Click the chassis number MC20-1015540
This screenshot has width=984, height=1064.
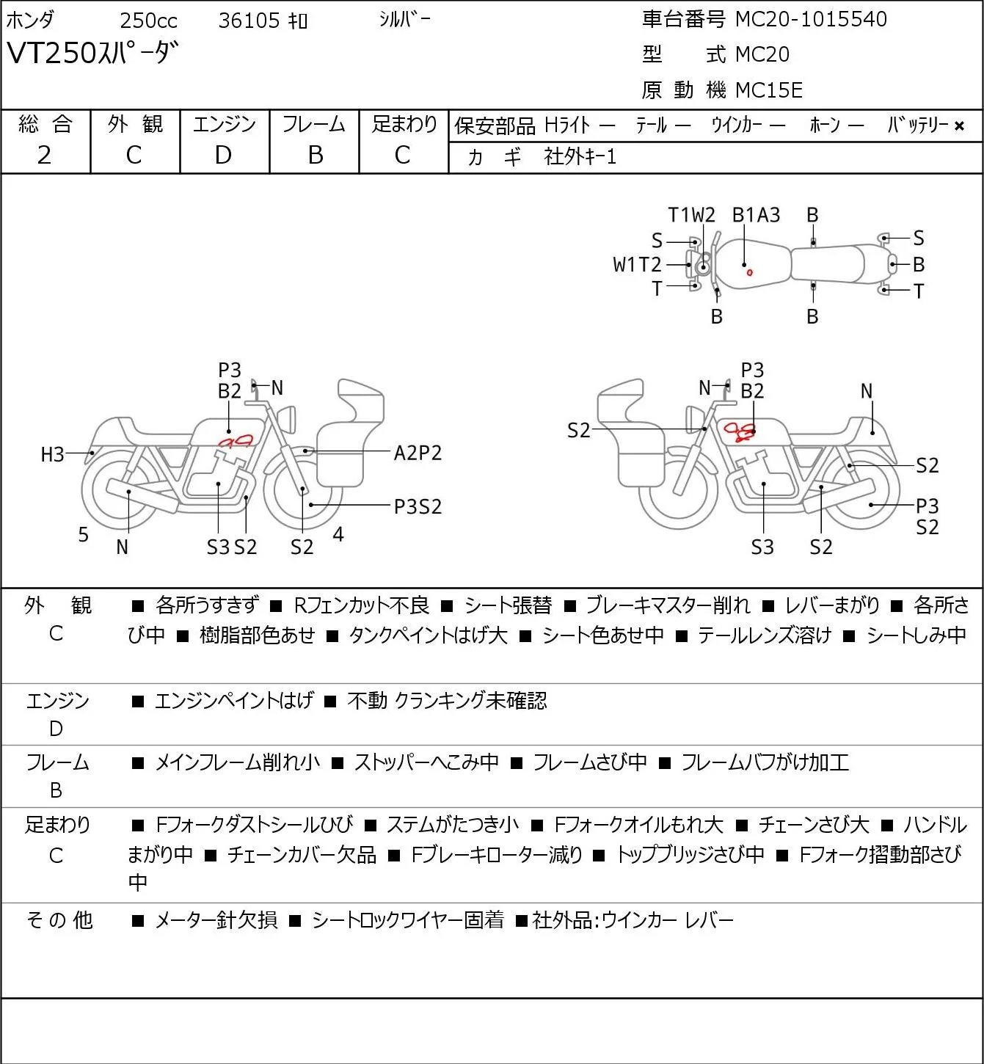click(x=811, y=19)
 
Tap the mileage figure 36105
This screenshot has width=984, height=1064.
click(x=249, y=21)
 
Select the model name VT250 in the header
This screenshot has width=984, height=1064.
click(x=51, y=54)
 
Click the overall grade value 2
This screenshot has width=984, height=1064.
click(x=45, y=156)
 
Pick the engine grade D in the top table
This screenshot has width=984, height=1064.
click(x=224, y=156)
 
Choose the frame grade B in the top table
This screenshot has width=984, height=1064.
click(x=315, y=156)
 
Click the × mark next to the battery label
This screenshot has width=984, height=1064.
click(x=959, y=126)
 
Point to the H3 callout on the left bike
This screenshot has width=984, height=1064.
click(x=53, y=454)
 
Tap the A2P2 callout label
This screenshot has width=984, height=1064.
click(x=418, y=453)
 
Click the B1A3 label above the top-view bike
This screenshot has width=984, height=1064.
click(x=757, y=216)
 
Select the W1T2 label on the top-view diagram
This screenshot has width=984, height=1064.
click(x=637, y=265)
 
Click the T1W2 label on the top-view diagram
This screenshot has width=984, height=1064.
click(x=691, y=216)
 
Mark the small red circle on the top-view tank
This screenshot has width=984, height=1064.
click(x=749, y=273)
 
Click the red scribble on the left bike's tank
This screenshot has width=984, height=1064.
click(x=236, y=442)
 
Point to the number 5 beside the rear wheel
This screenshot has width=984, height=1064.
click(x=83, y=535)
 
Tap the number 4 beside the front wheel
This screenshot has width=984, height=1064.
click(x=338, y=534)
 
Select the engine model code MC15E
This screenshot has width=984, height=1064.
click(x=769, y=90)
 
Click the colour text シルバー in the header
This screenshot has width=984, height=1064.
click(x=404, y=20)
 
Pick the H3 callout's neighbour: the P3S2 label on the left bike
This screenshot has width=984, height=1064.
click(x=418, y=507)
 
